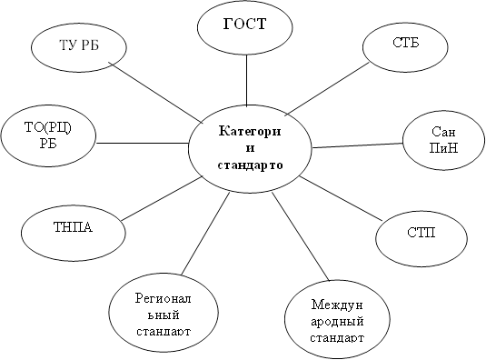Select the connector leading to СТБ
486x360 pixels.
point(335,89)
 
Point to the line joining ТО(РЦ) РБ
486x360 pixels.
point(141,143)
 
